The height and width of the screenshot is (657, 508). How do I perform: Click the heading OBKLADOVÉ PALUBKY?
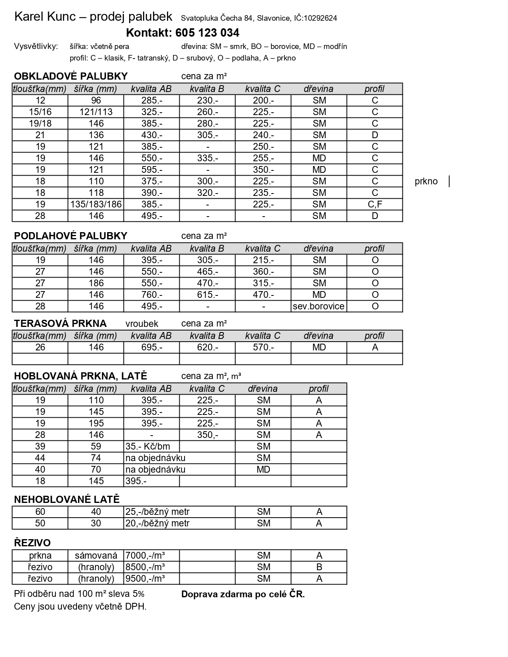click(x=71, y=76)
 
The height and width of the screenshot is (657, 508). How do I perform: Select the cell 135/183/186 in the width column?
click(x=96, y=205)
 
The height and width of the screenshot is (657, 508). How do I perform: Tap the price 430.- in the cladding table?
click(x=152, y=135)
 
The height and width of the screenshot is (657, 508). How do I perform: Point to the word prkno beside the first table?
click(x=426, y=182)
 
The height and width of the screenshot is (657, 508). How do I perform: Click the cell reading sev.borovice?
click(x=318, y=307)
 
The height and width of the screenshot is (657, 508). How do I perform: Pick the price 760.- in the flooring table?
click(x=152, y=295)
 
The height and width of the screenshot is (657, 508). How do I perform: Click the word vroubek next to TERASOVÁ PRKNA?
click(x=142, y=324)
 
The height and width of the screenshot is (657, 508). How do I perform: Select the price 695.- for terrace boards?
click(x=152, y=348)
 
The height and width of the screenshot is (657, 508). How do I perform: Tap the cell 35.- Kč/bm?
click(x=147, y=447)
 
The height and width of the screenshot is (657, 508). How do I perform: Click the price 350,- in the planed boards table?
click(x=208, y=435)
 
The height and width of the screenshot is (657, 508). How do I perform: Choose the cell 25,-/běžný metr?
click(x=157, y=512)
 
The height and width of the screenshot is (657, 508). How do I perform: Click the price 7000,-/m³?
click(x=145, y=556)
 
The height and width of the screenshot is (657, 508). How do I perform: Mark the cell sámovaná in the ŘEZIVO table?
click(x=96, y=556)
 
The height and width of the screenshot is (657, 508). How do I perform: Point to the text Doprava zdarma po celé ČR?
click(x=243, y=594)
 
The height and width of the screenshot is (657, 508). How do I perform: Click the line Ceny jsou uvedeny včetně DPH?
click(x=80, y=607)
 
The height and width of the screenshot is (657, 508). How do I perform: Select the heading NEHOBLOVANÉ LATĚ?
click(x=67, y=499)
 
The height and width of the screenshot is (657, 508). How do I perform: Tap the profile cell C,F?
click(x=375, y=205)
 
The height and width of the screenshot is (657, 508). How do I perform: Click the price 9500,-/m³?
click(x=145, y=579)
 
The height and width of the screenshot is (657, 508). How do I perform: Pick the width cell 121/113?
click(x=96, y=112)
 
